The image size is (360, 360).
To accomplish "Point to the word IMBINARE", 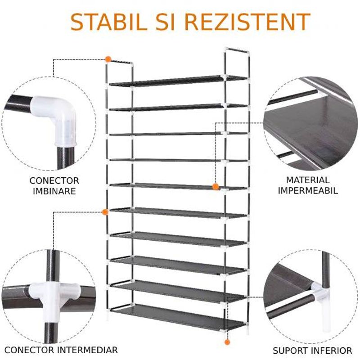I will pyautogui.click(x=54, y=191).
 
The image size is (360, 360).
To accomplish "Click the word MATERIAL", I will pyautogui.click(x=308, y=180).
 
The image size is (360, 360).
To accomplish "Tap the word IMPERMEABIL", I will pyautogui.click(x=308, y=190).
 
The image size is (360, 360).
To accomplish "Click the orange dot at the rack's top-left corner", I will pyautogui.click(x=108, y=59).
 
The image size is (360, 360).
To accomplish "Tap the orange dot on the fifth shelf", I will pyautogui.click(x=216, y=186).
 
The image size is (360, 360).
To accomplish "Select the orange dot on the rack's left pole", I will pyautogui.click(x=105, y=211).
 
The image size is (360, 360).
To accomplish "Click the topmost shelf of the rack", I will pyautogui.click(x=178, y=81).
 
